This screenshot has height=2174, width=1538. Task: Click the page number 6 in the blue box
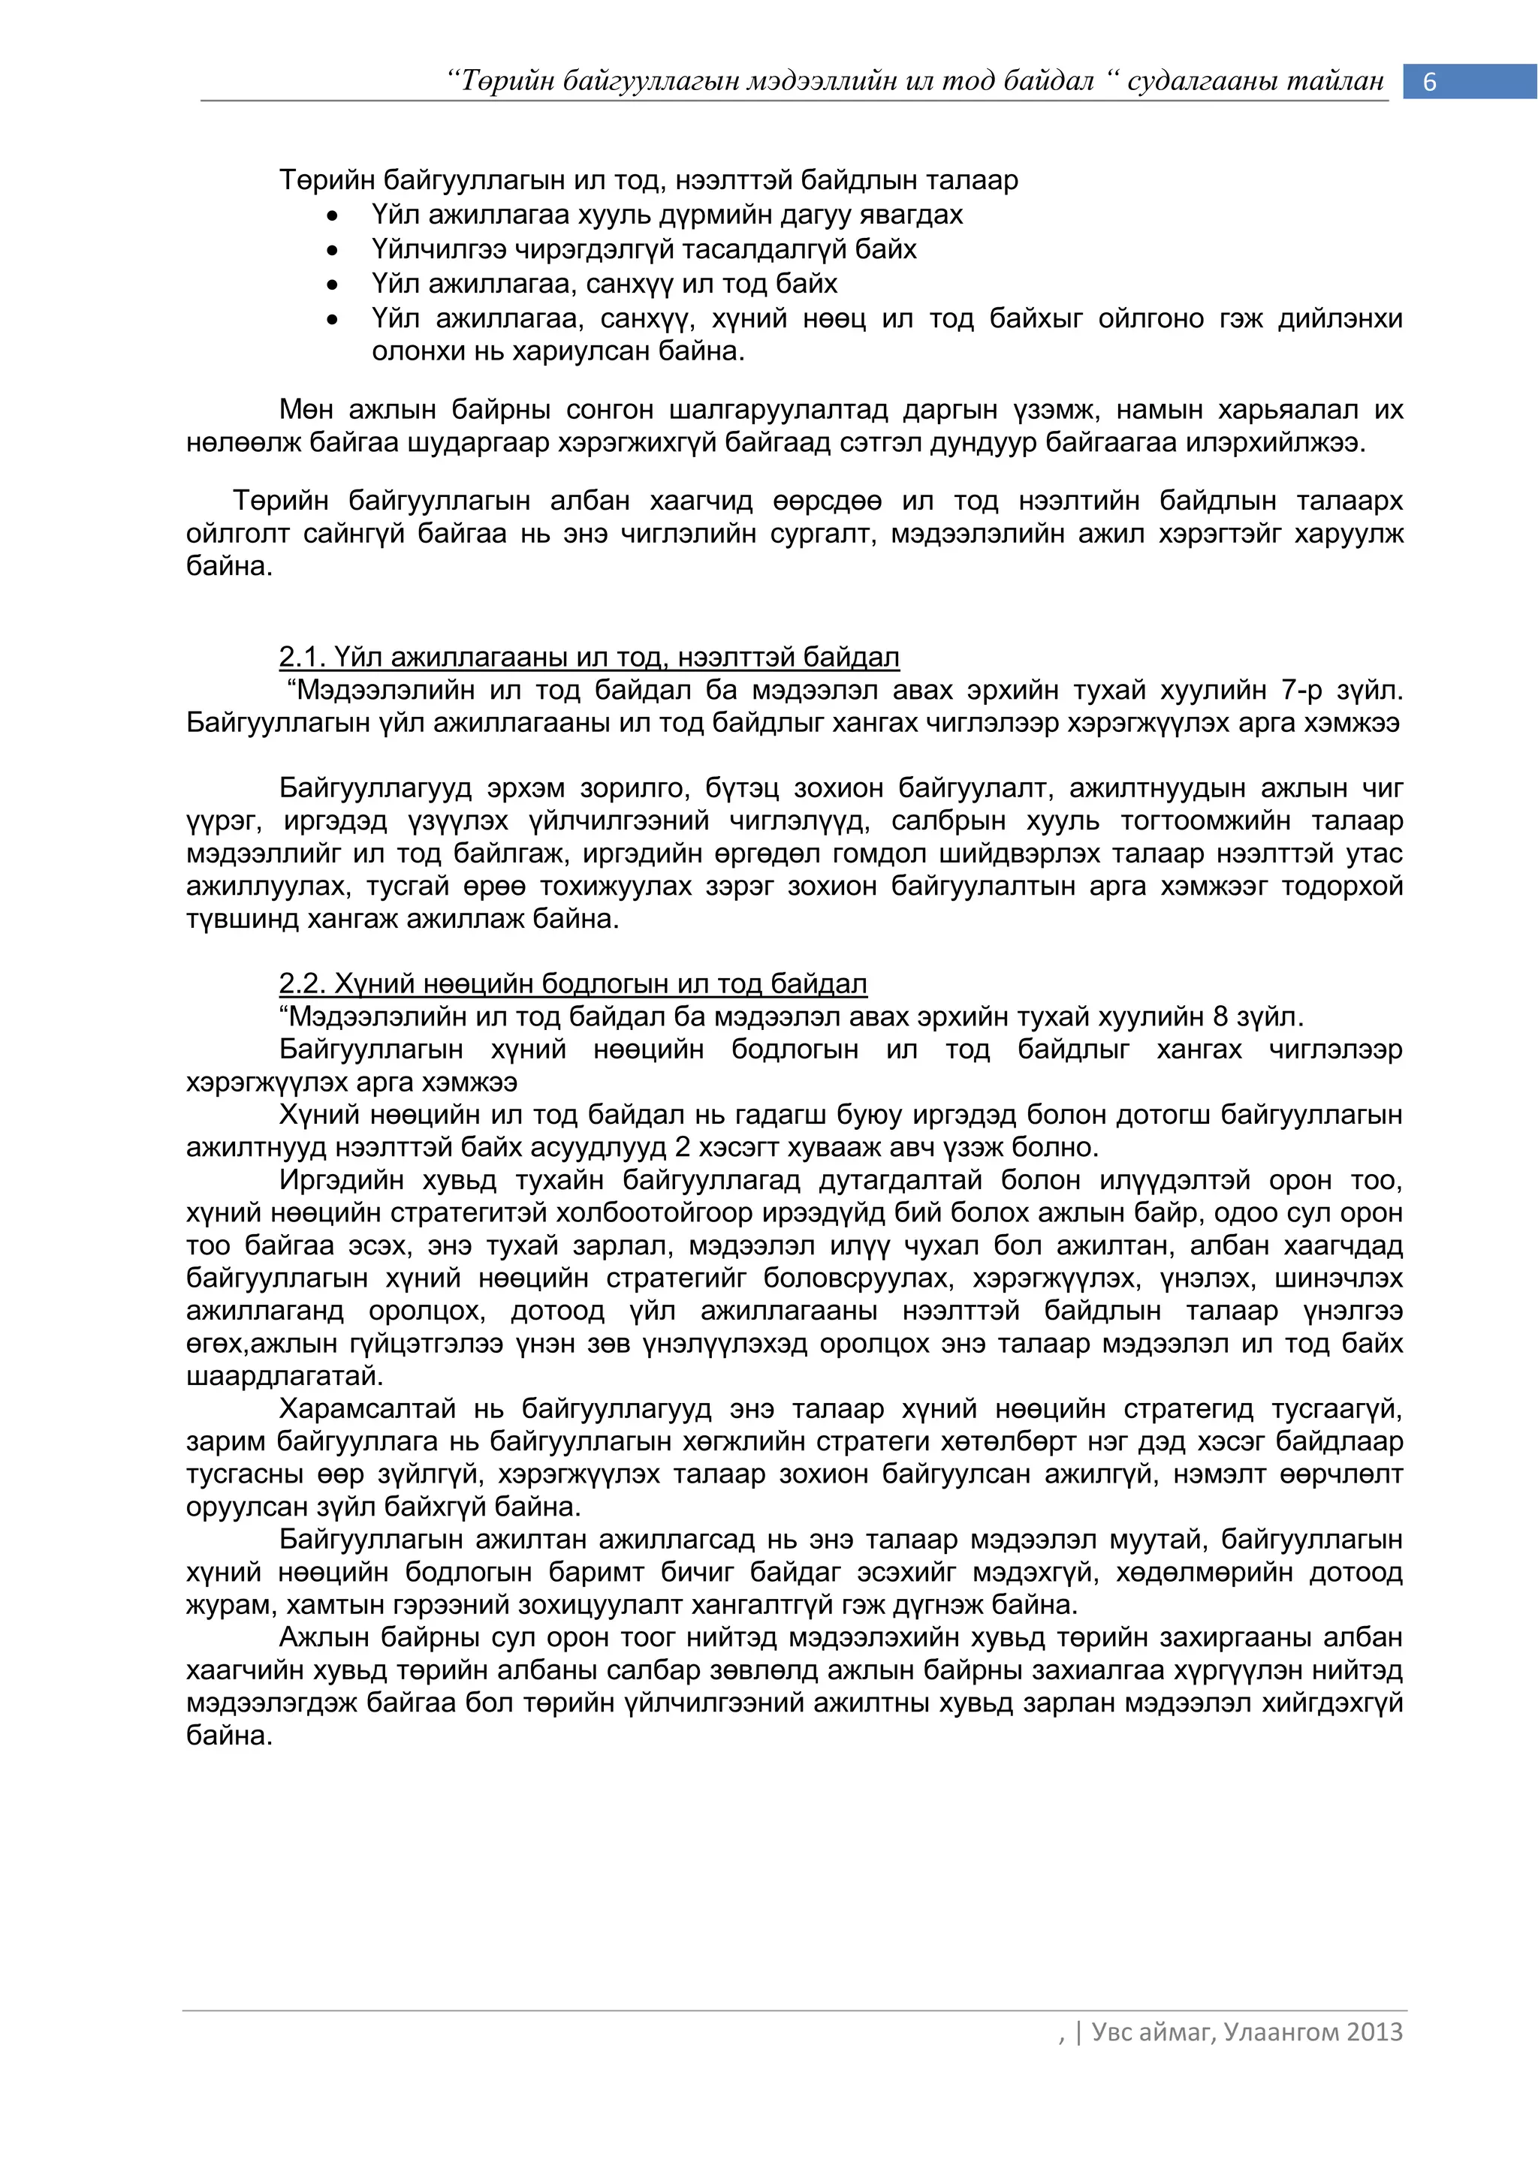(x=1429, y=83)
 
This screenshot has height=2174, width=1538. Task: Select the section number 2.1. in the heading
(x=302, y=656)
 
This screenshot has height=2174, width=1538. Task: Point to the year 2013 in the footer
(x=1374, y=2032)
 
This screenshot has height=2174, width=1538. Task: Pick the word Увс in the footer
(x=1112, y=2032)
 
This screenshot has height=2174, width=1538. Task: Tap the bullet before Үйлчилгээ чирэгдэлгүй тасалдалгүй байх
(x=331, y=251)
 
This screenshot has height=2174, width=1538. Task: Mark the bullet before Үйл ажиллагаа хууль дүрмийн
(x=331, y=217)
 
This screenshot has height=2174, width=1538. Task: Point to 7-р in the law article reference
(x=1301, y=691)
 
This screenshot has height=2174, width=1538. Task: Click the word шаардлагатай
(x=284, y=1376)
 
